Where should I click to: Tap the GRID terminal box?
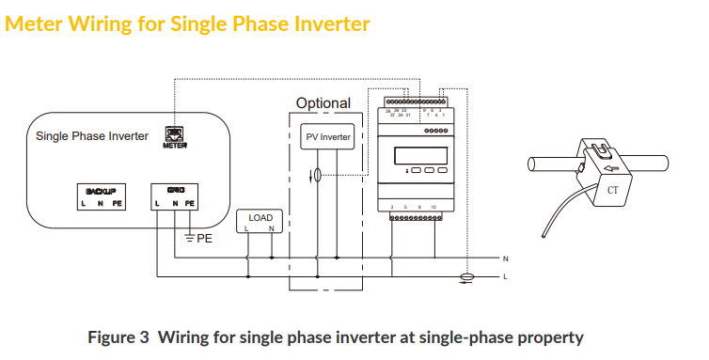point(175,196)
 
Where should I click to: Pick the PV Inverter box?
point(328,137)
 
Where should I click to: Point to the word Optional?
point(323,103)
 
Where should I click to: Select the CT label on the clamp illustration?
point(613,190)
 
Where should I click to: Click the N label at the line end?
point(505,258)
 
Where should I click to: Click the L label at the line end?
point(505,277)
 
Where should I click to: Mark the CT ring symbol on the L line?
point(463,277)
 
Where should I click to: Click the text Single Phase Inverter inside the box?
point(92,136)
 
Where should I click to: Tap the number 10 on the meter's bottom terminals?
point(433,205)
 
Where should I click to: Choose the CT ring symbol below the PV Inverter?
point(317,175)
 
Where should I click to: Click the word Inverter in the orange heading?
point(321,23)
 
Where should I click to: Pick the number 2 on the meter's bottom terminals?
point(391,205)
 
